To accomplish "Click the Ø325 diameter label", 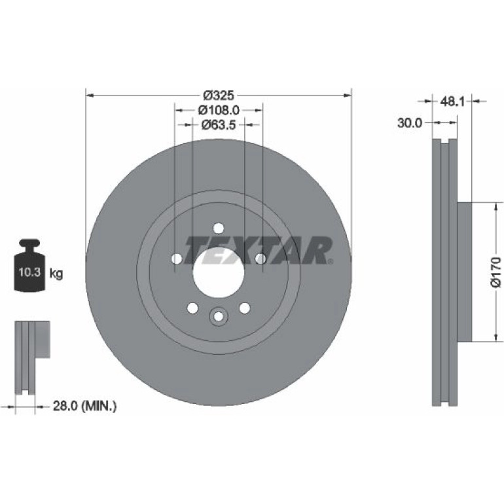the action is [219, 96].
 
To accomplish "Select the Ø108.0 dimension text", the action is [219, 110].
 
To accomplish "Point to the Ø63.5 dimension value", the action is [219, 125].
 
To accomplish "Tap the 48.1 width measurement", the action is [452, 101].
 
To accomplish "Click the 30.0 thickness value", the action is [410, 123].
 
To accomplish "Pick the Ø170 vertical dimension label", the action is [495, 272].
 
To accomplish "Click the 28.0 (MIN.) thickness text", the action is [84, 406].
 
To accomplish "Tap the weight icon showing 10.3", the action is [30, 266].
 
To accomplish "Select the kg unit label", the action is [56, 274].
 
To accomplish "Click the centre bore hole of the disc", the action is [219, 272].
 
